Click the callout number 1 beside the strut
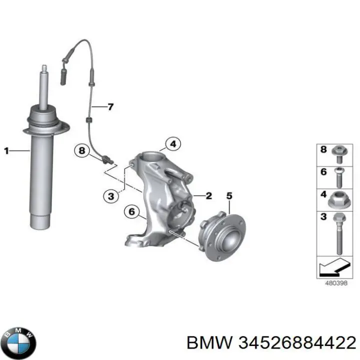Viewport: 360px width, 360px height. (6, 149)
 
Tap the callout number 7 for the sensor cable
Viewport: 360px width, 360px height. (110, 106)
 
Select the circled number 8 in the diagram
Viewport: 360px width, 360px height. (82, 150)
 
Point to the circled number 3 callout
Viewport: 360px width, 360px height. (111, 196)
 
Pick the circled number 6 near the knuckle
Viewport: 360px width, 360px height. (131, 212)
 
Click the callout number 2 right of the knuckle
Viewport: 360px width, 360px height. (209, 195)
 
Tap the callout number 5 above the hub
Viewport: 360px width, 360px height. (229, 195)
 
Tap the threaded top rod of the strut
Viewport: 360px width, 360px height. (44, 85)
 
